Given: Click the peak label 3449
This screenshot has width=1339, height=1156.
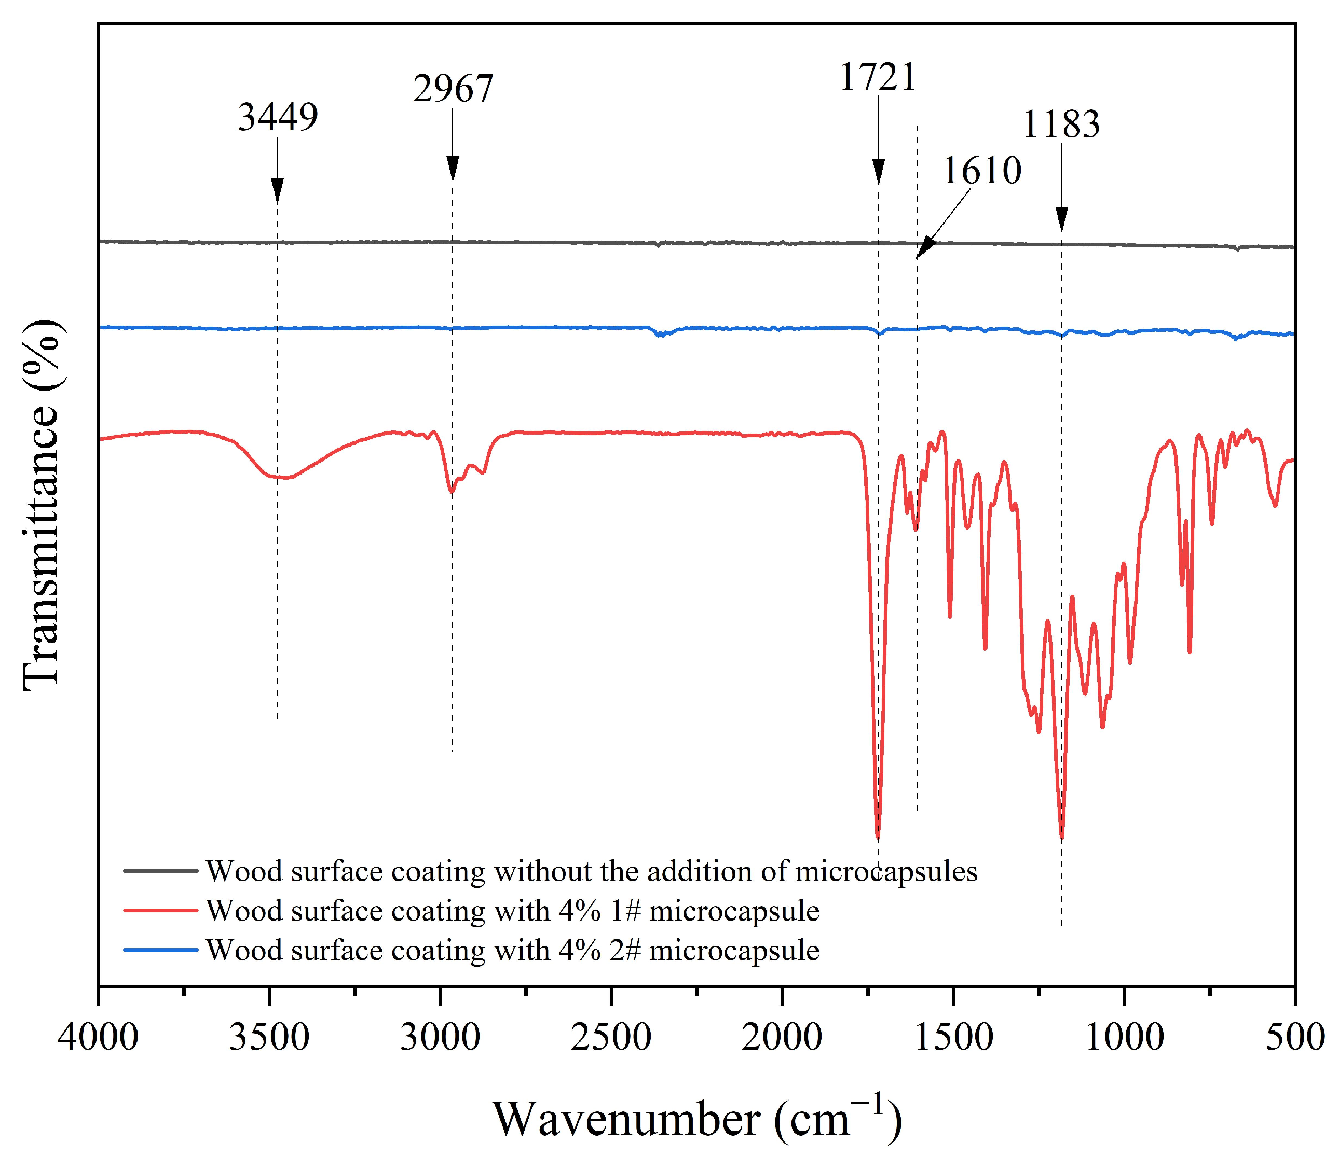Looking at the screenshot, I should coord(278,118).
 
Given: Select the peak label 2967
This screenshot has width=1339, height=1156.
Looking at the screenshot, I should coord(453,89).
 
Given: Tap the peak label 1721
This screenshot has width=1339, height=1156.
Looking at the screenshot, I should coord(878,77).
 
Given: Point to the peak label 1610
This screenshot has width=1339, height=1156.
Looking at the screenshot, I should coord(981,171).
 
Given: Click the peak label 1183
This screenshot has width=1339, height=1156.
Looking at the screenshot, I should coord(1060,124).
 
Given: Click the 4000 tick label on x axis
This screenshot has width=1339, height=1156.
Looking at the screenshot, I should coord(98,1038).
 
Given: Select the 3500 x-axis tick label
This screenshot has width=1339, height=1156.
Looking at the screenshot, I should coord(269,1038).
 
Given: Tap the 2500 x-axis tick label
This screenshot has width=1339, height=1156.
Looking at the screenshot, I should coord(611,1038).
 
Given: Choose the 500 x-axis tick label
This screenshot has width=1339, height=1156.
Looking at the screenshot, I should coord(1294,1038).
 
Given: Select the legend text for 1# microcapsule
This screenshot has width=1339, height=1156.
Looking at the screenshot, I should coord(512,911).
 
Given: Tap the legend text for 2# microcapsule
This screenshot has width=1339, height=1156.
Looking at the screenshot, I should coord(512,950).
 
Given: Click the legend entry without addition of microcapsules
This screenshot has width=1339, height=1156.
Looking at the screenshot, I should coord(591,871).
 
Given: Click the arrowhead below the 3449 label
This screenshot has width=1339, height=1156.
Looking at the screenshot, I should coord(277,191).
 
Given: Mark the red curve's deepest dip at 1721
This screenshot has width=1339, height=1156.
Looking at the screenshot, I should coord(878,837).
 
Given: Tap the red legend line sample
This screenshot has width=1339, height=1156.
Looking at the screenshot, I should coord(160,911).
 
